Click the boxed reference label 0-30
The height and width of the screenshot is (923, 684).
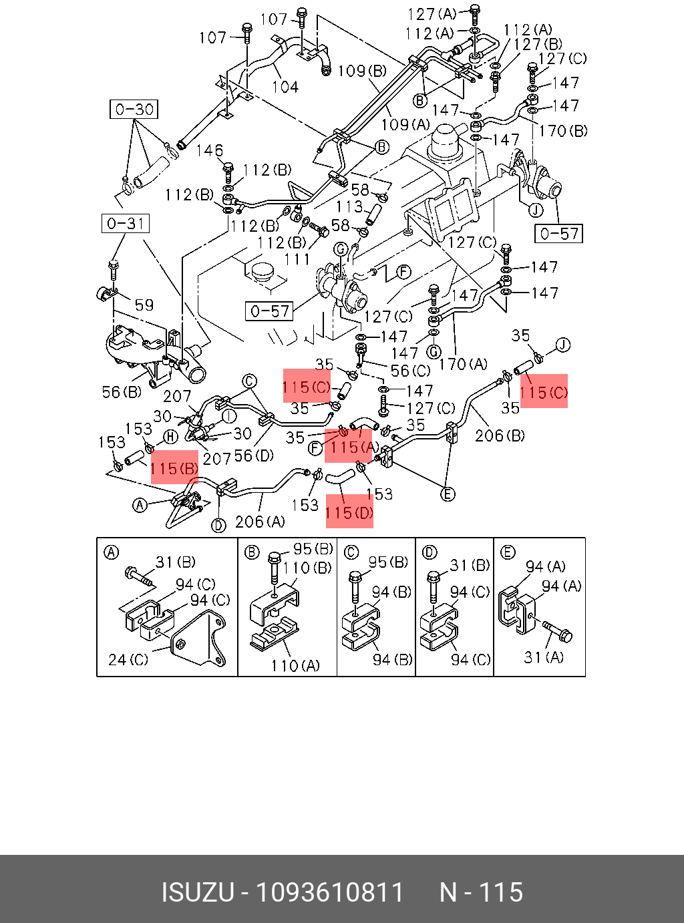pyautogui.click(x=134, y=110)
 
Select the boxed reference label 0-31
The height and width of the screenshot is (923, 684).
pyautogui.click(x=126, y=223)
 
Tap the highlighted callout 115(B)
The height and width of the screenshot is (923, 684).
pyautogui.click(x=174, y=468)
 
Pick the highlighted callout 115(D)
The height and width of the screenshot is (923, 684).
pyautogui.click(x=349, y=512)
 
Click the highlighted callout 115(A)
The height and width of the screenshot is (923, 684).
pyautogui.click(x=348, y=446)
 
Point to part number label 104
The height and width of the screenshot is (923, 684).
pyautogui.click(x=285, y=86)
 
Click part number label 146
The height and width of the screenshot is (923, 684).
pyautogui.click(x=209, y=150)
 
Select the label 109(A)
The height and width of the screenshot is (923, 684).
pyautogui.click(x=405, y=124)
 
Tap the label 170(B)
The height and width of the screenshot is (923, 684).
pyautogui.click(x=562, y=130)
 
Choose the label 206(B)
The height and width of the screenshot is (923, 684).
pyautogui.click(x=500, y=436)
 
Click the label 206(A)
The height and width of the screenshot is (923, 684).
pyautogui.click(x=260, y=522)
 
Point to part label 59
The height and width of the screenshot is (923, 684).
pyautogui.click(x=144, y=305)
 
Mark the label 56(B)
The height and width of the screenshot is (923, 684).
pyautogui.click(x=122, y=392)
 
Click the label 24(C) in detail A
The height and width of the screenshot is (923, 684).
pyautogui.click(x=128, y=659)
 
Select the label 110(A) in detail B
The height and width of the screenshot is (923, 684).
pyautogui.click(x=295, y=665)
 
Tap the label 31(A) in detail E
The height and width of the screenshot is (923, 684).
pyautogui.click(x=543, y=657)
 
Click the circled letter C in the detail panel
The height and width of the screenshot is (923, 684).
pyautogui.click(x=351, y=552)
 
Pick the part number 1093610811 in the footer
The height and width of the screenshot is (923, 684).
pyautogui.click(x=330, y=892)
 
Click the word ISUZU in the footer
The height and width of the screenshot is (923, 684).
pyautogui.click(x=197, y=892)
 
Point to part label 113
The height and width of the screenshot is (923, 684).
pyautogui.click(x=349, y=207)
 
